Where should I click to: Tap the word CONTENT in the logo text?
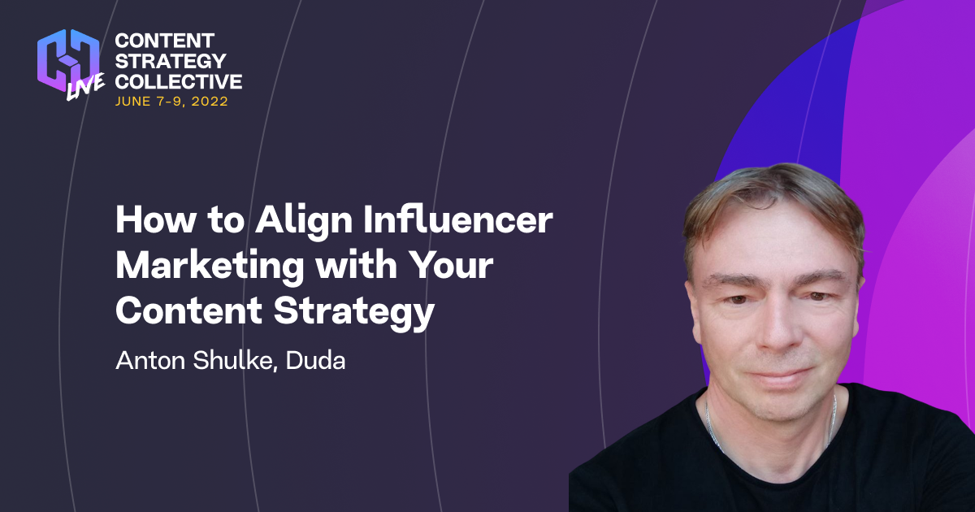coord(165,41)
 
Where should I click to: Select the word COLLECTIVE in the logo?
coord(179,81)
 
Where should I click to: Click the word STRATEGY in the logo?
coord(169,61)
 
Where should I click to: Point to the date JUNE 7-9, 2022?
coord(171,102)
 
